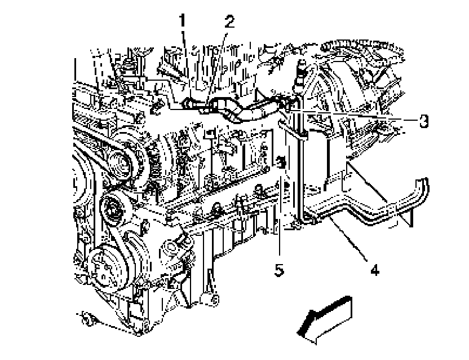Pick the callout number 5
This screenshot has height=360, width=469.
click(278, 270)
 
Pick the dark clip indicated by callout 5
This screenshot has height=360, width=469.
click(280, 164)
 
